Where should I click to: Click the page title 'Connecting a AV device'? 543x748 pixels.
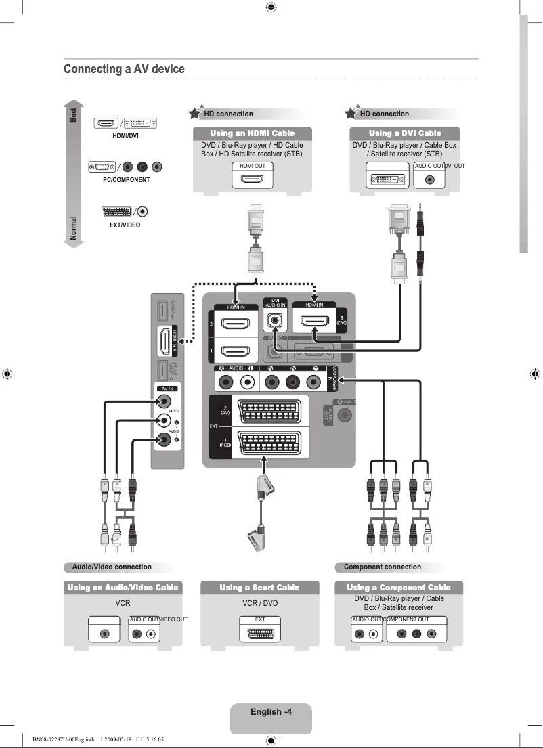124,69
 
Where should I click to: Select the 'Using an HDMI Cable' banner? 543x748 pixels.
252,133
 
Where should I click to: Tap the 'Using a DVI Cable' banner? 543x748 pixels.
404,133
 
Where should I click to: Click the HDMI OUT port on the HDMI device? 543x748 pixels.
253,179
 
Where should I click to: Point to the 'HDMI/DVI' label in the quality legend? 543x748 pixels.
125,135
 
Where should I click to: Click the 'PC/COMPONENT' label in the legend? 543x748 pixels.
126,180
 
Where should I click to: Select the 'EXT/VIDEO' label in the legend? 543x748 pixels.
125,225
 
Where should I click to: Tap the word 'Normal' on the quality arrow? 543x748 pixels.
73,228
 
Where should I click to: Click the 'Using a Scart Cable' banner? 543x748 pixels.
259,588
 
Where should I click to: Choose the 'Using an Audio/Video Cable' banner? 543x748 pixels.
123,588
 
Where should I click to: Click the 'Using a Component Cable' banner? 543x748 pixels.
398,588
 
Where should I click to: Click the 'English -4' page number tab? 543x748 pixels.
271,711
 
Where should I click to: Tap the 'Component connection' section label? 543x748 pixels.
382,567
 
